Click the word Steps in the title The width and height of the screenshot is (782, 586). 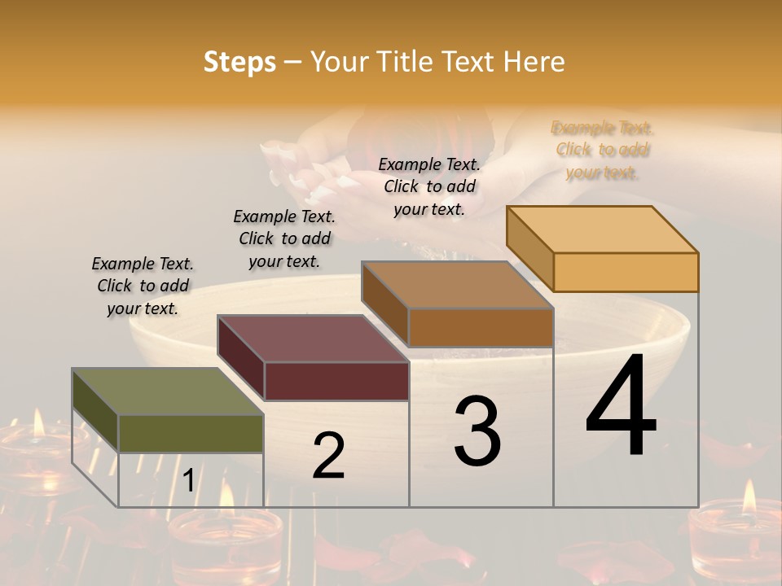239,62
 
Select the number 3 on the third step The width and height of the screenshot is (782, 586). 477,431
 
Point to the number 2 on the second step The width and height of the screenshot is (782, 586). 328,456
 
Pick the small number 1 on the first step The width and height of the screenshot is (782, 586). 188,481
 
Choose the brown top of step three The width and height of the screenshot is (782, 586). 457,285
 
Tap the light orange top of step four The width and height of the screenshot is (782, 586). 603,229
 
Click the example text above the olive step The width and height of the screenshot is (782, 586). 143,286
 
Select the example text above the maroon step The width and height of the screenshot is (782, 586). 284,238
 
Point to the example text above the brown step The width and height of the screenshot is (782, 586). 429,186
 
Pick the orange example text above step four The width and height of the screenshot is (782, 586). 602,150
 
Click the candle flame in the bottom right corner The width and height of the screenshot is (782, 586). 749,497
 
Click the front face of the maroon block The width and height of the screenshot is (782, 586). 336,381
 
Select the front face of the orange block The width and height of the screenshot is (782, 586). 626,272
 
